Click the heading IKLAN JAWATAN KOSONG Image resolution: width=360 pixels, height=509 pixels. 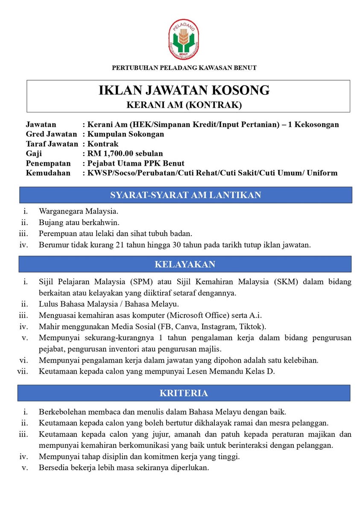point(184,91)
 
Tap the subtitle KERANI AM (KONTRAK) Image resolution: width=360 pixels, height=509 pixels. point(184,104)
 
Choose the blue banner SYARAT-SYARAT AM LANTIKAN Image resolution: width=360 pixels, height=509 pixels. point(185,195)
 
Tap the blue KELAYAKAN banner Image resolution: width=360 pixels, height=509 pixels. point(185,264)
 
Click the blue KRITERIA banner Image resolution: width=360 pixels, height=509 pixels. point(184,393)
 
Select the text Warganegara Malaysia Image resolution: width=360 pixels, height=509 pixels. point(79,211)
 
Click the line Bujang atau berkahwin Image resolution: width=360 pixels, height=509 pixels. point(79,222)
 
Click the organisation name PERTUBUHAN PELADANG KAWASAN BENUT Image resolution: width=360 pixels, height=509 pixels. point(184,68)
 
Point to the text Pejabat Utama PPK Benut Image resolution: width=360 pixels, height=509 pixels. point(136,163)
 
